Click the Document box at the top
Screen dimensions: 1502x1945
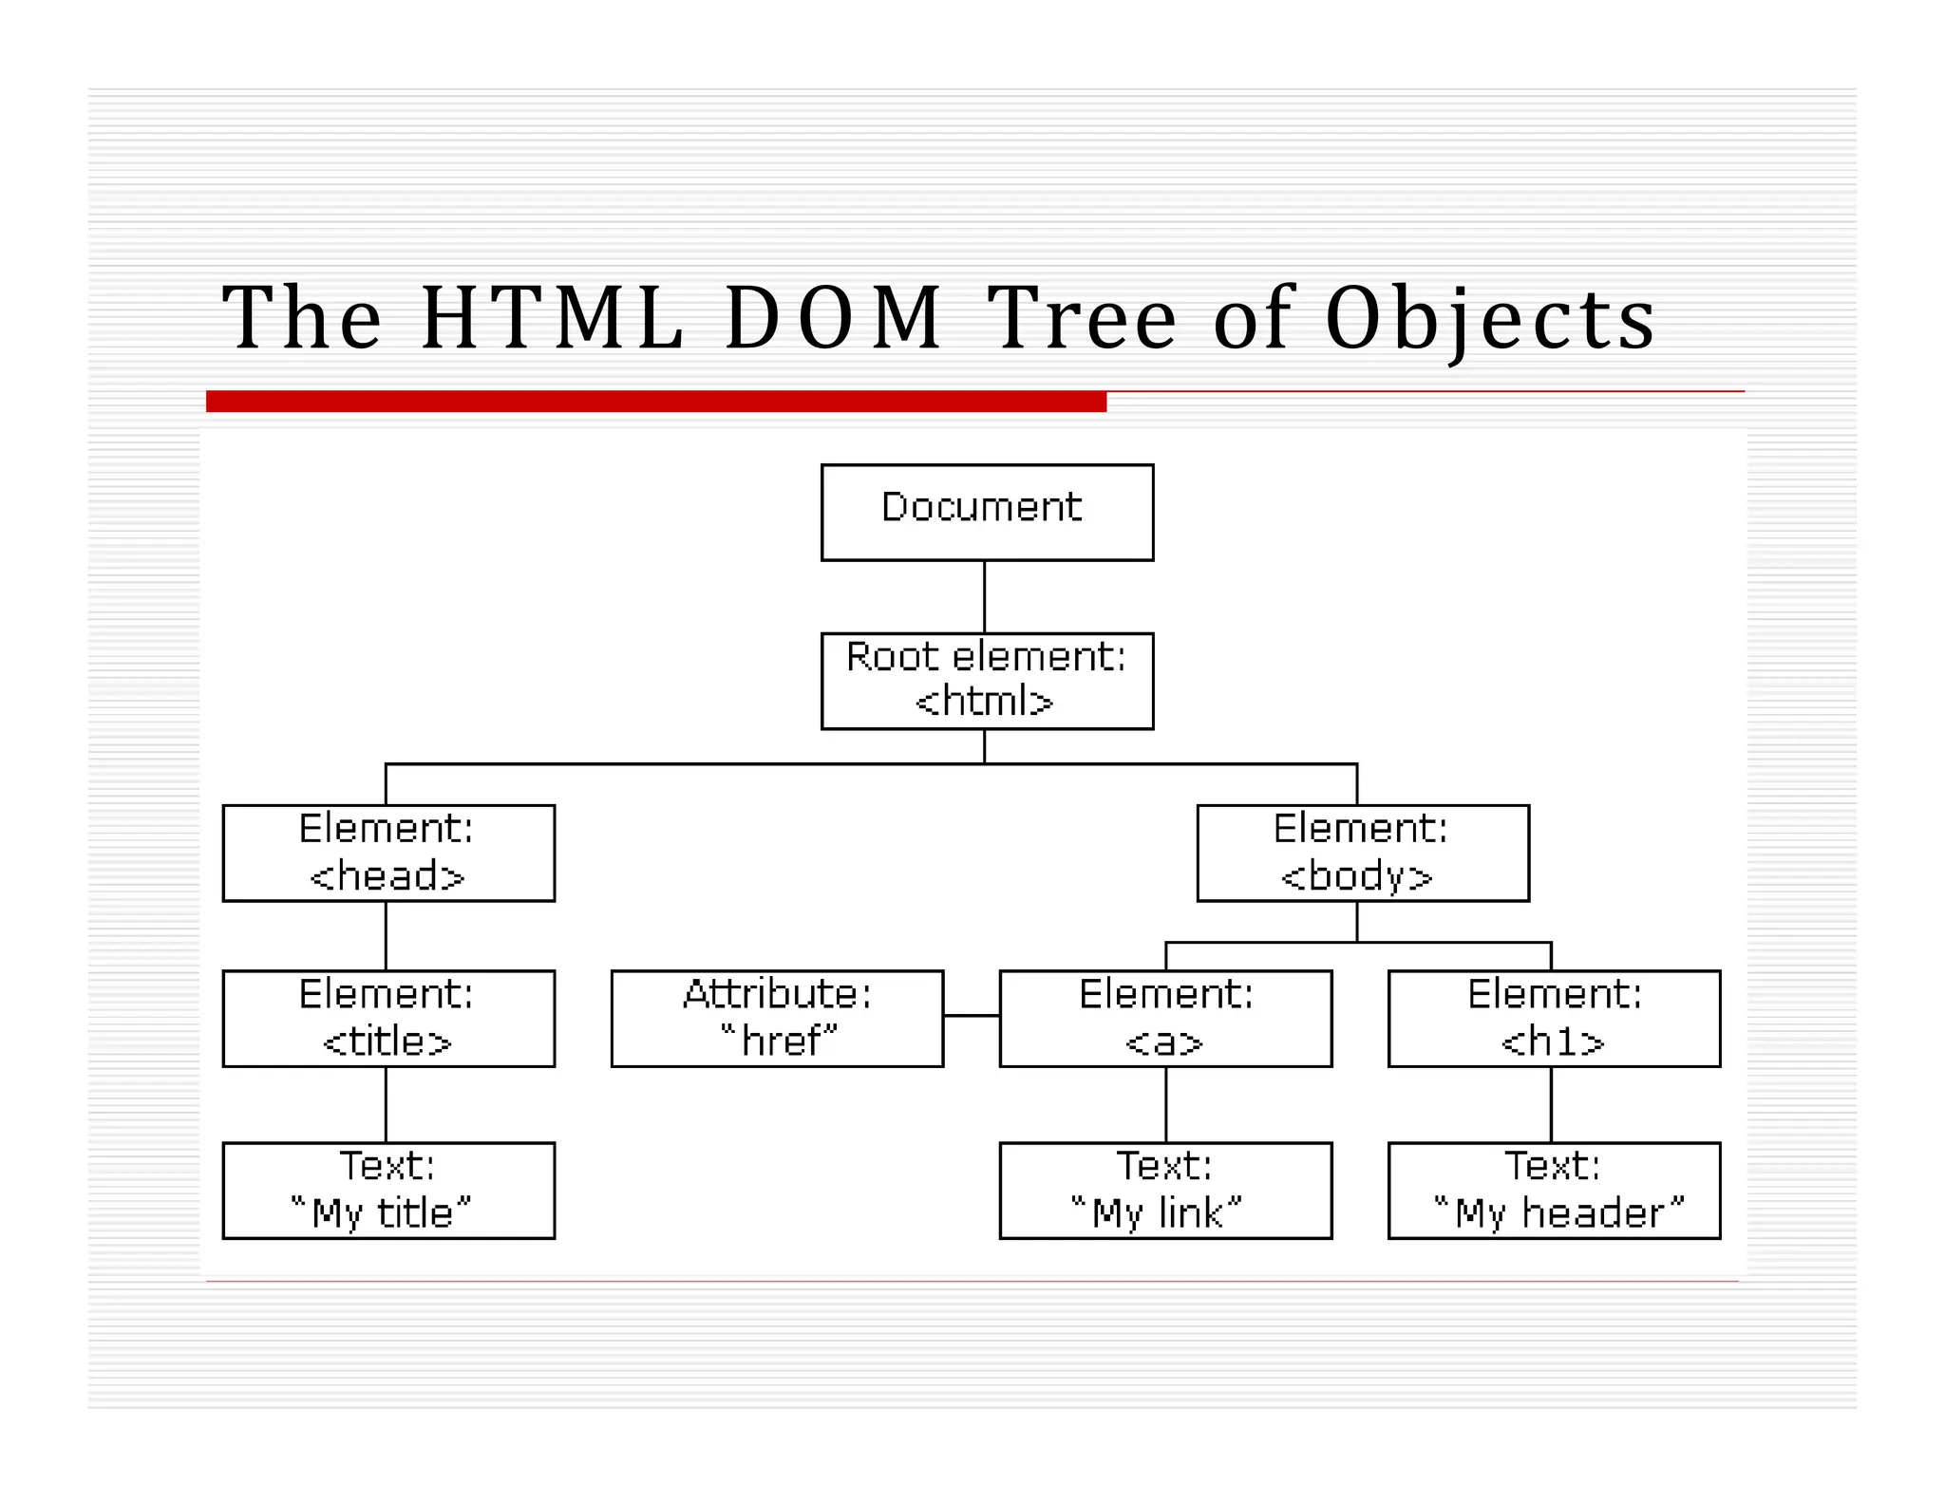[x=987, y=512]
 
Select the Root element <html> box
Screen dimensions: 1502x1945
[x=987, y=681]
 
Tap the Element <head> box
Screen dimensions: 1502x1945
[x=388, y=853]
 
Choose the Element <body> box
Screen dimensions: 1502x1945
[x=1362, y=853]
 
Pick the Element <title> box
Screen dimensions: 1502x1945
[x=388, y=1018]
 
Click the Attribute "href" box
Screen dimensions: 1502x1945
[x=777, y=1018]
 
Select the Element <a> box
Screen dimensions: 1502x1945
[x=1165, y=1018]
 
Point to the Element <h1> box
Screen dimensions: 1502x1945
[x=1554, y=1018]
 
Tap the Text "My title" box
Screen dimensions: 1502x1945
[x=388, y=1190]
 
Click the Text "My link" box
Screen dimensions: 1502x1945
[x=1165, y=1190]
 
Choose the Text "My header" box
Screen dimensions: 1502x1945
[x=1554, y=1190]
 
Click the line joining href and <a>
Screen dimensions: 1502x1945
[x=972, y=1015]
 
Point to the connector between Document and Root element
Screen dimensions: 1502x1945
[x=984, y=596]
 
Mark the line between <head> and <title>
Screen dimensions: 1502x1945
[x=386, y=935]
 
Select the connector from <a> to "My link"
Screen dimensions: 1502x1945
[x=1165, y=1104]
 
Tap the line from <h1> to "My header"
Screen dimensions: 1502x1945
[x=1551, y=1104]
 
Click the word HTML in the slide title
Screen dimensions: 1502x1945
[x=552, y=318]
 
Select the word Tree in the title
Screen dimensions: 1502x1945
[x=1082, y=318]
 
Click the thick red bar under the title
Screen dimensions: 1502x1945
[x=655, y=401]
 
